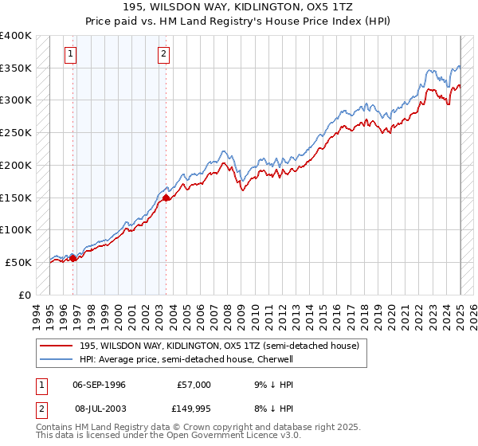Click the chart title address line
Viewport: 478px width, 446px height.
pyautogui.click(x=239, y=6)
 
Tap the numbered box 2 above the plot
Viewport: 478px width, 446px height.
pyautogui.click(x=163, y=54)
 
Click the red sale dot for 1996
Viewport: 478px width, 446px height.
pyautogui.click(x=72, y=257)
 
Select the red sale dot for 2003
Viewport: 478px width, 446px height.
pyautogui.click(x=166, y=197)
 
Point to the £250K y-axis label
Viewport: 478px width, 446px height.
pyautogui.click(x=16, y=133)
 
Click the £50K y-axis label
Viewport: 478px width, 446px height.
pyautogui.click(x=19, y=262)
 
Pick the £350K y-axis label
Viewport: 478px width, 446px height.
pyautogui.click(x=16, y=68)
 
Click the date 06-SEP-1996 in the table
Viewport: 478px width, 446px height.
pyautogui.click(x=99, y=385)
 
